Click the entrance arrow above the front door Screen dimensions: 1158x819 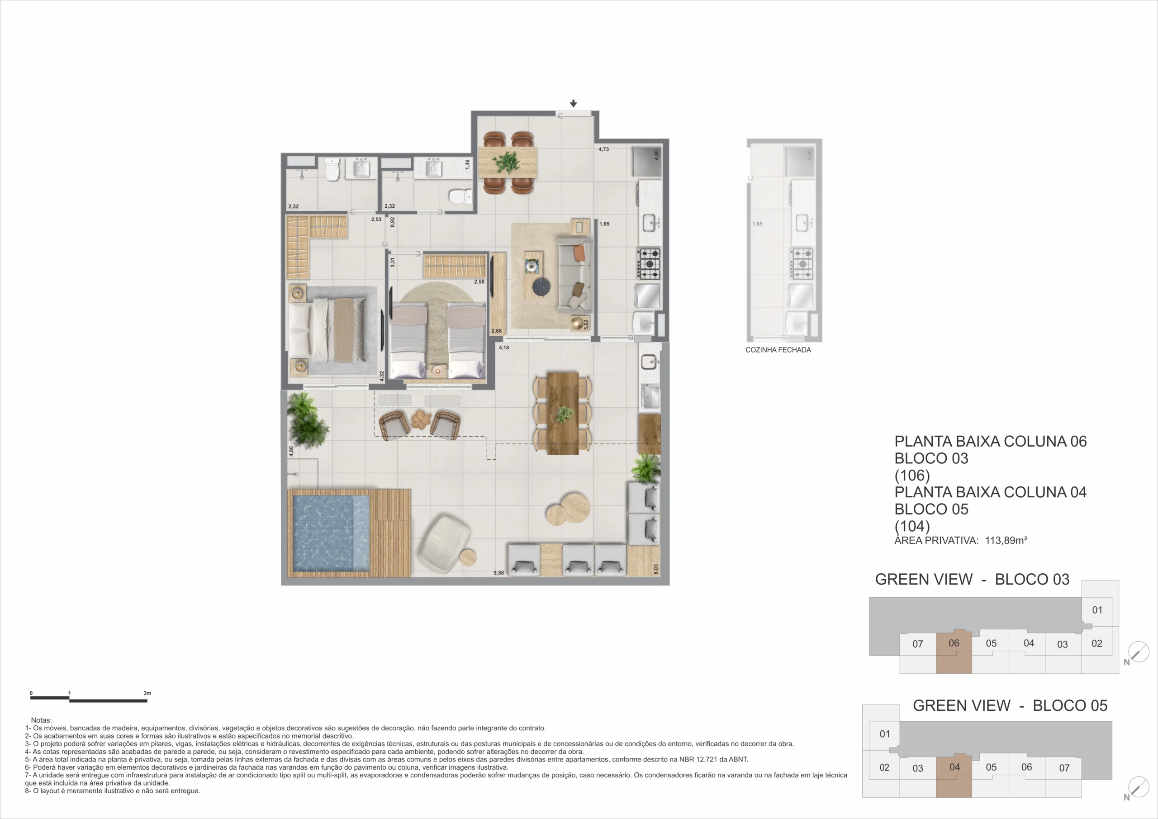tap(574, 104)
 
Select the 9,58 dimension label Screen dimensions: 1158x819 tap(498, 573)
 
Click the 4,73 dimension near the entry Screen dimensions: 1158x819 tap(604, 149)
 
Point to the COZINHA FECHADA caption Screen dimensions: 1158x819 tap(778, 350)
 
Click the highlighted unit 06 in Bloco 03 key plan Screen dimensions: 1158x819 tap(954, 651)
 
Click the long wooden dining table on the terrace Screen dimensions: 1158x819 tap(563, 413)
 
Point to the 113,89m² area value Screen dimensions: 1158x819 tap(1006, 540)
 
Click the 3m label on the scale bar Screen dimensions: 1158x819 tap(147, 693)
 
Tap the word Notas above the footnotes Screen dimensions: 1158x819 tap(41, 720)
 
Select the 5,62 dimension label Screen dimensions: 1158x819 tap(586, 324)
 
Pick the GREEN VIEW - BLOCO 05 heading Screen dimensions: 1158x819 tap(1010, 705)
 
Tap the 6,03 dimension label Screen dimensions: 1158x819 tap(655, 569)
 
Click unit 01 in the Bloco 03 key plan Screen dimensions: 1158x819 tap(1097, 610)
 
